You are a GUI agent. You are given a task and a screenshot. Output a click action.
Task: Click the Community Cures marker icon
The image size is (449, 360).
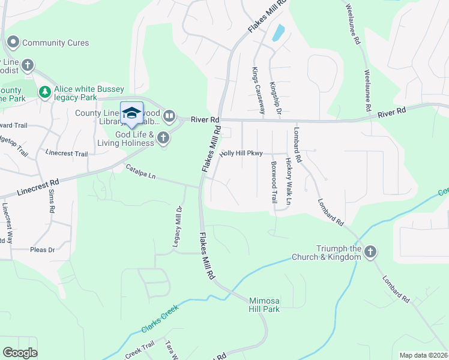(13, 43)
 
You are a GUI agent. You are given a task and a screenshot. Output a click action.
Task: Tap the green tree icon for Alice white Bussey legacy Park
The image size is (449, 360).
(44, 92)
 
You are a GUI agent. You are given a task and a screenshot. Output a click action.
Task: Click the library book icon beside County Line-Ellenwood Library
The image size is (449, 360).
(169, 115)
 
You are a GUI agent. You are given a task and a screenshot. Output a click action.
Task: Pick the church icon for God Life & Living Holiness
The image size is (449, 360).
(163, 139)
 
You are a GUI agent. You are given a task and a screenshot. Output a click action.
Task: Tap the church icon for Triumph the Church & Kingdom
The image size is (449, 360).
(370, 252)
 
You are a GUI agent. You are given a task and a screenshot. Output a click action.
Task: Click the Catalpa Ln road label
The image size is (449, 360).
(140, 172)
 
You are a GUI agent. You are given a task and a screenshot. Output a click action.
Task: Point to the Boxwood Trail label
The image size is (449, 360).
(274, 182)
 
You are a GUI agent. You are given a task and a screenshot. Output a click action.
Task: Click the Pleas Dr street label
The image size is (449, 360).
(43, 249)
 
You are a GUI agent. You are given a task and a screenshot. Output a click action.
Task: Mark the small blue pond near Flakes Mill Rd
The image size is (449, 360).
(278, 32)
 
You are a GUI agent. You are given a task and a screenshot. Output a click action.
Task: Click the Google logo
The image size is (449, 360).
(20, 353)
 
